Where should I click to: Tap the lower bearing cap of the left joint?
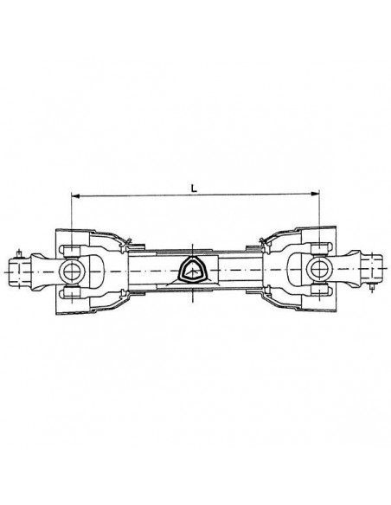pyautogui.click(x=71, y=294)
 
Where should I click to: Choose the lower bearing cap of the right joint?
pyautogui.click(x=320, y=294)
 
